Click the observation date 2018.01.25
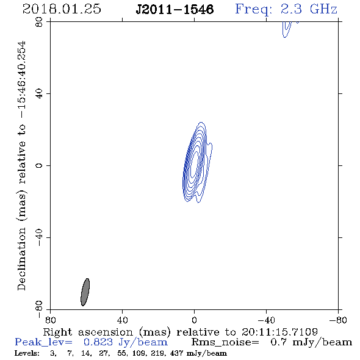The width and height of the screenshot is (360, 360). [62, 9]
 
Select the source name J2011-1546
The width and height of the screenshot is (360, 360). [175, 10]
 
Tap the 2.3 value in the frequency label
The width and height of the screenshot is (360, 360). [291, 9]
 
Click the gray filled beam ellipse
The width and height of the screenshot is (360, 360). [85, 292]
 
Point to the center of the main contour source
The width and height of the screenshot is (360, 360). [195, 166]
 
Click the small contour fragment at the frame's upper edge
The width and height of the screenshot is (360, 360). [287, 29]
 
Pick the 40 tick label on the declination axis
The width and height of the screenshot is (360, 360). [39, 94]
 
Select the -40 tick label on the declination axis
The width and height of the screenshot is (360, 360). [39, 237]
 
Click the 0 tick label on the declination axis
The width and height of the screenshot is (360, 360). [39, 165]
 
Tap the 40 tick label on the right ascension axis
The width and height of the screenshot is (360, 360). [122, 320]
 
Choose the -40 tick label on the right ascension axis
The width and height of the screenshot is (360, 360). [266, 320]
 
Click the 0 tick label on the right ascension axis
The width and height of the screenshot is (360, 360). [194, 320]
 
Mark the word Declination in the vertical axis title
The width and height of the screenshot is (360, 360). [21, 259]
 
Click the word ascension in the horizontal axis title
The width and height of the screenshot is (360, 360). [106, 332]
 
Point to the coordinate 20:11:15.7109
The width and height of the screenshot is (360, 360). [279, 332]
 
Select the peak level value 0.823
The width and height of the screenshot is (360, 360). [98, 342]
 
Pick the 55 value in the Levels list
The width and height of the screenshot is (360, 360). [121, 353]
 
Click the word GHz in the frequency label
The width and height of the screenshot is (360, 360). [323, 9]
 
